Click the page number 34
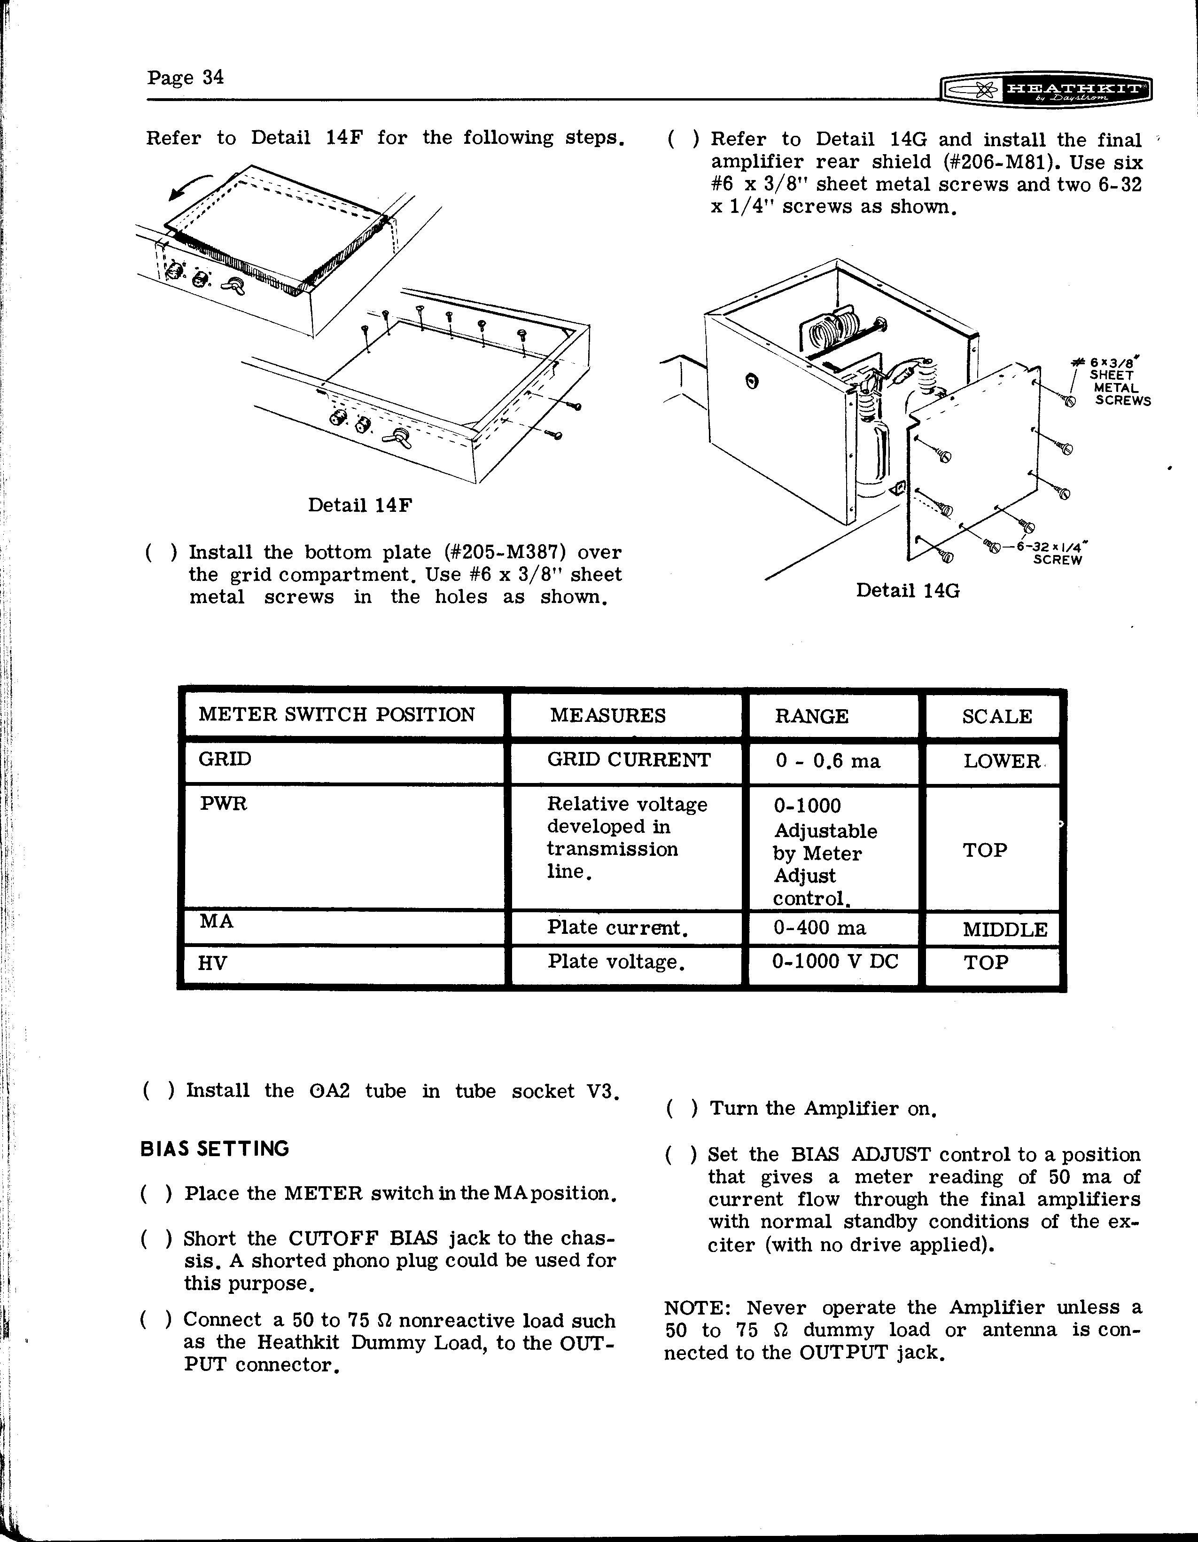click(185, 77)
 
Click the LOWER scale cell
click(1002, 761)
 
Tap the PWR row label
click(224, 804)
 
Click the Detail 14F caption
click(360, 506)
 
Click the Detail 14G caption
click(908, 590)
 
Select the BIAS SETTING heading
click(215, 1149)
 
